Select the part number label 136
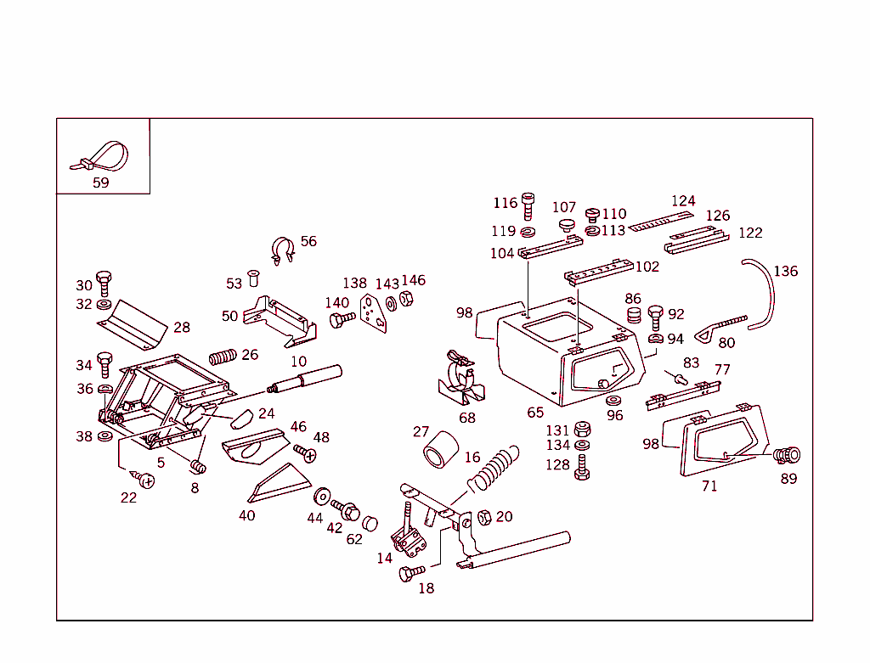(x=786, y=271)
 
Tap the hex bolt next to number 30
(x=104, y=282)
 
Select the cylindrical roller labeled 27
(x=439, y=450)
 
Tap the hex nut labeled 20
(x=484, y=517)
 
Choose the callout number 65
(x=535, y=413)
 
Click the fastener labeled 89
(x=788, y=456)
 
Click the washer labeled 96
(x=613, y=400)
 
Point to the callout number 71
(x=709, y=486)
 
